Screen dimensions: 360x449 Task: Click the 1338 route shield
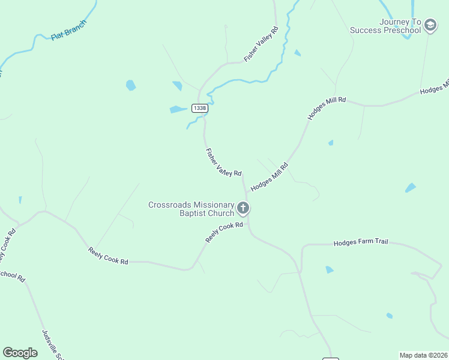pos(200,108)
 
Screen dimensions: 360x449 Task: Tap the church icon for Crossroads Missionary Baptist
pos(243,209)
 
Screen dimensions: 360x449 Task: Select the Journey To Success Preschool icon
pos(430,25)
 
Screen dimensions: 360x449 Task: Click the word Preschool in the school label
pos(401,30)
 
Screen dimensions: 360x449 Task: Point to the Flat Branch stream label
pos(69,30)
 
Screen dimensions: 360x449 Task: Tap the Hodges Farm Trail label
pos(361,242)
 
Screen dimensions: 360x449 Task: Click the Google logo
pos(20,353)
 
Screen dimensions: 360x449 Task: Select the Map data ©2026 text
pos(423,355)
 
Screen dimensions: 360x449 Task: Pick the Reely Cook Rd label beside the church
pos(224,232)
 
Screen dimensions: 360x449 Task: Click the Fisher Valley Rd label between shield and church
pos(223,163)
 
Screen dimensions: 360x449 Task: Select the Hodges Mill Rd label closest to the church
pos(270,177)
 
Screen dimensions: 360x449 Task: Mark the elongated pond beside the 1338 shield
pos(178,109)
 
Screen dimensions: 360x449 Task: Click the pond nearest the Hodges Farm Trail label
pos(329,270)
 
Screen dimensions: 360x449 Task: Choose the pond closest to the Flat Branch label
pos(130,85)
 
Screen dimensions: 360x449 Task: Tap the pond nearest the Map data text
pos(390,316)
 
